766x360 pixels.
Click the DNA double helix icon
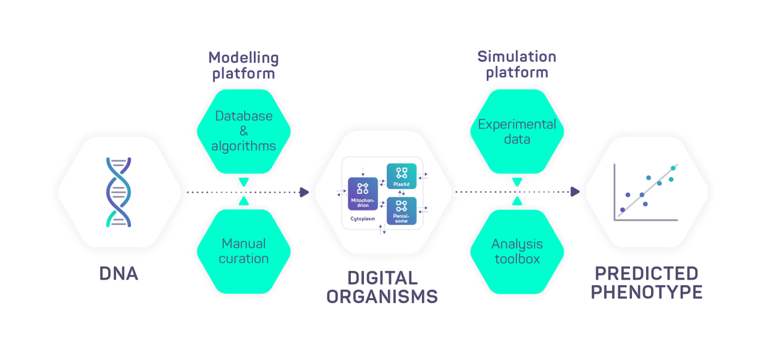119,192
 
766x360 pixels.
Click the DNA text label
119,274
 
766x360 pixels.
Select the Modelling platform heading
243,66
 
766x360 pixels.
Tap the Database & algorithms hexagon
243,131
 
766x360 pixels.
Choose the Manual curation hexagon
243,251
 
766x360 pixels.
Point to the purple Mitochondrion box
363,193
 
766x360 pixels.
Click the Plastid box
402,176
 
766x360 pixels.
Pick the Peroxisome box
402,211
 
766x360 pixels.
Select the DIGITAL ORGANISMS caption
382,287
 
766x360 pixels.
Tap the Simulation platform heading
516,65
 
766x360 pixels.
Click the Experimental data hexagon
517,131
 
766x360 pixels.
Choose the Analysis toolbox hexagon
517,251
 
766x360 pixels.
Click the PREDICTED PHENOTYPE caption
646,283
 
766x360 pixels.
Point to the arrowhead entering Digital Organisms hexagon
304,193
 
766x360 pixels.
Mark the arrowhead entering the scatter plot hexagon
575,193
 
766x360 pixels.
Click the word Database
243,115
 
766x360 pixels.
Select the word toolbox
517,259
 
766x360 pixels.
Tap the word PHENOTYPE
646,291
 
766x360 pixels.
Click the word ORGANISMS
382,296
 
